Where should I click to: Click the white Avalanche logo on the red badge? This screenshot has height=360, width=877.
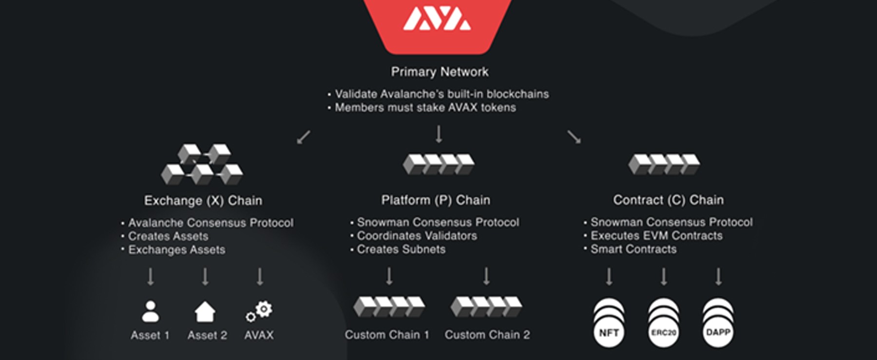pos(437,19)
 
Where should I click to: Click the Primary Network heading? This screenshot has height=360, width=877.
pos(439,72)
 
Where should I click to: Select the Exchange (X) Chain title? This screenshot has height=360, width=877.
pos(203,200)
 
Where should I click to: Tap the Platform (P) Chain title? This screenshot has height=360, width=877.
pos(436,200)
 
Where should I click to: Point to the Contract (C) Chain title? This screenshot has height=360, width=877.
pos(668,200)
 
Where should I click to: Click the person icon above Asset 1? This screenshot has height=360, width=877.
pos(150,312)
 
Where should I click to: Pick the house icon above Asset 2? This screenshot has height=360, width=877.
pos(205,312)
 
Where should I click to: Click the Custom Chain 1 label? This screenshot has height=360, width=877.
pos(387,335)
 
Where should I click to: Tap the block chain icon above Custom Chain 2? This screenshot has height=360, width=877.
pos(486,306)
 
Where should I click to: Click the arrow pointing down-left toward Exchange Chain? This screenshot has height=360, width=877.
pos(304,137)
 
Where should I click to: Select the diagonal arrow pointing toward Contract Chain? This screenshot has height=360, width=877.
pos(574,137)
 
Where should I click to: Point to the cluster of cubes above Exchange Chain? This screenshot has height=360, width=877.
pos(202,164)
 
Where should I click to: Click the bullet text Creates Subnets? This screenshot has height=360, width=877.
pos(401,249)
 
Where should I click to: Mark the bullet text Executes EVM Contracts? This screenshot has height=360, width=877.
pos(656,235)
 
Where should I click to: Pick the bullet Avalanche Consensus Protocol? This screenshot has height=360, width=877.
pos(210,223)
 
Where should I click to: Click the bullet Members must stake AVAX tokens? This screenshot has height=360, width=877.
pos(425,107)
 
